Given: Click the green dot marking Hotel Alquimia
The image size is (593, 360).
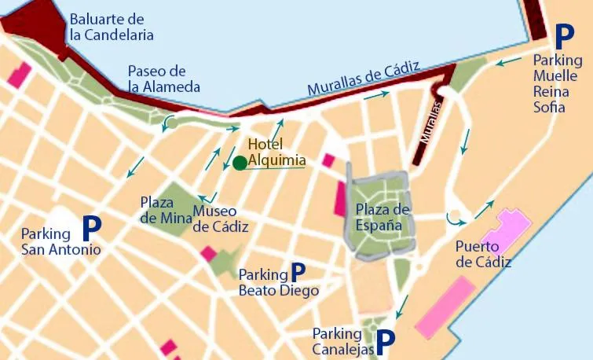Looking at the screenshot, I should (x=240, y=163).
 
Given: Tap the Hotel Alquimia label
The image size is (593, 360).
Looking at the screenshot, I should (x=276, y=152).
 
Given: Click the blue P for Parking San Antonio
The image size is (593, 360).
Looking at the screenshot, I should (x=92, y=229).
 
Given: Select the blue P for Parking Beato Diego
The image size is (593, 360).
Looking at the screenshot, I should (x=298, y=272).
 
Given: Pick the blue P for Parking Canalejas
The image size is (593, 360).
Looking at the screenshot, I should (x=385, y=340).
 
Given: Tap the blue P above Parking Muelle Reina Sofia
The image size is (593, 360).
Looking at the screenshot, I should (x=564, y=36).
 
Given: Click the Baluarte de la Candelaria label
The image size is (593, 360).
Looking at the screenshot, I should (x=111, y=28).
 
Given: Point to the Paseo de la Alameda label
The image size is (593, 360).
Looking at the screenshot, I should (x=164, y=79).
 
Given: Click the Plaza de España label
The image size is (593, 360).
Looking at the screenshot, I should (x=383, y=217).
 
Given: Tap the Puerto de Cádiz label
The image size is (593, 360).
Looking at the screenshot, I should (x=483, y=255).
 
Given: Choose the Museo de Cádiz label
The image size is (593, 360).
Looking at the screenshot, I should (x=221, y=219).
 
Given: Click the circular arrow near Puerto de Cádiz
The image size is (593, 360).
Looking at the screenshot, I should (x=452, y=217).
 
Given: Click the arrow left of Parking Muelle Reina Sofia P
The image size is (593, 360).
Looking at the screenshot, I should (x=510, y=61).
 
